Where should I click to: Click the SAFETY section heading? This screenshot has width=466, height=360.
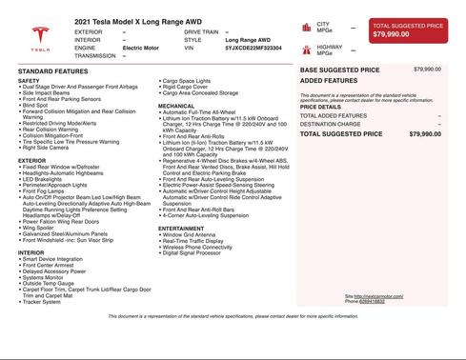click(29, 81)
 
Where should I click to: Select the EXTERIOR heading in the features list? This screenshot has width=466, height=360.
click(31, 161)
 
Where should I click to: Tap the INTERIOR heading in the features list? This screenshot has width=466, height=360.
click(31, 253)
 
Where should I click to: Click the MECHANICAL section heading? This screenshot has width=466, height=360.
click(176, 106)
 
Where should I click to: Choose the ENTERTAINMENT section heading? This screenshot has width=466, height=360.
click(182, 229)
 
